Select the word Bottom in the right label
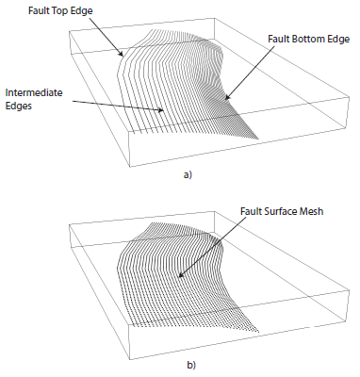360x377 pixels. (x=305, y=41)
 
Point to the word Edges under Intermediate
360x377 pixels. (x=21, y=107)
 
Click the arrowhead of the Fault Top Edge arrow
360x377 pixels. (x=121, y=57)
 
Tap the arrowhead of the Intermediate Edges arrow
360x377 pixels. (x=166, y=111)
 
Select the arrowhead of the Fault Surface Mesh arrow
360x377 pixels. (x=180, y=277)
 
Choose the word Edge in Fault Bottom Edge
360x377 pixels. (x=336, y=41)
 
